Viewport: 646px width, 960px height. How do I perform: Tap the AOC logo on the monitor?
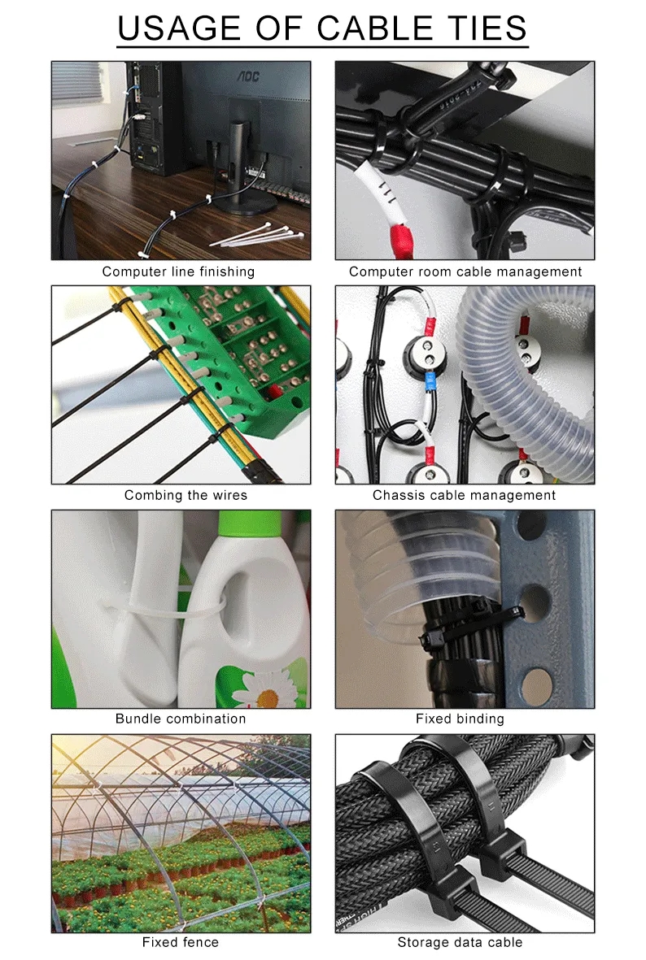(248, 76)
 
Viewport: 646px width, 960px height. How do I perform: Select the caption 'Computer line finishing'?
(178, 271)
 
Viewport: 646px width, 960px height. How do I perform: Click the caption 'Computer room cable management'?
(465, 271)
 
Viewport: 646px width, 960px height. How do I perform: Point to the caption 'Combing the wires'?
(186, 495)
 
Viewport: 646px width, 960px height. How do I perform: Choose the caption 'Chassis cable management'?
(464, 495)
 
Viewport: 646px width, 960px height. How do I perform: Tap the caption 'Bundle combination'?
(181, 718)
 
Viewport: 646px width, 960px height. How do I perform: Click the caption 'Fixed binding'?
(460, 718)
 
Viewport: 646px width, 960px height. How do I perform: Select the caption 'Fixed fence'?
(180, 941)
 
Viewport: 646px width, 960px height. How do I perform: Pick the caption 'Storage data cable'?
(460, 941)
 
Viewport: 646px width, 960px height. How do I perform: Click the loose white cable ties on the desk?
(257, 237)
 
